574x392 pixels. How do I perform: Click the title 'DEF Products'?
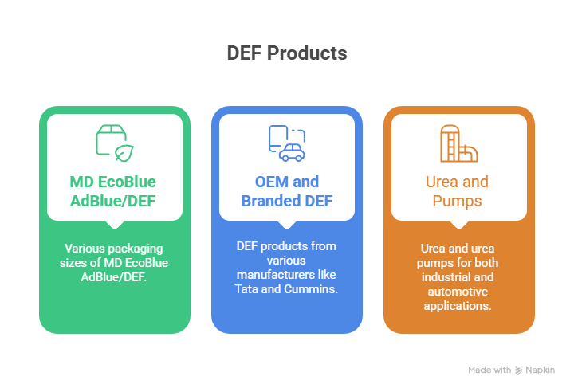[x=287, y=53]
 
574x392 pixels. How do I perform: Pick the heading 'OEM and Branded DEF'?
[x=287, y=191]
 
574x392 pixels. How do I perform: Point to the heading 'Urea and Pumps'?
[x=458, y=191]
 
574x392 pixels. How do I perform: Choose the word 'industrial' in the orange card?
[x=458, y=276]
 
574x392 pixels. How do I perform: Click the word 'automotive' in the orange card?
[x=458, y=291]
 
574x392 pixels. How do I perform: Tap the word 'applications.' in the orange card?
[x=458, y=305]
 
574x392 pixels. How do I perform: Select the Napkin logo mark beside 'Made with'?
[x=518, y=370]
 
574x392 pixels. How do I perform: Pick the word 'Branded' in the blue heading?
[x=270, y=201]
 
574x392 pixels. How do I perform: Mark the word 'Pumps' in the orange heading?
[x=458, y=201]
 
